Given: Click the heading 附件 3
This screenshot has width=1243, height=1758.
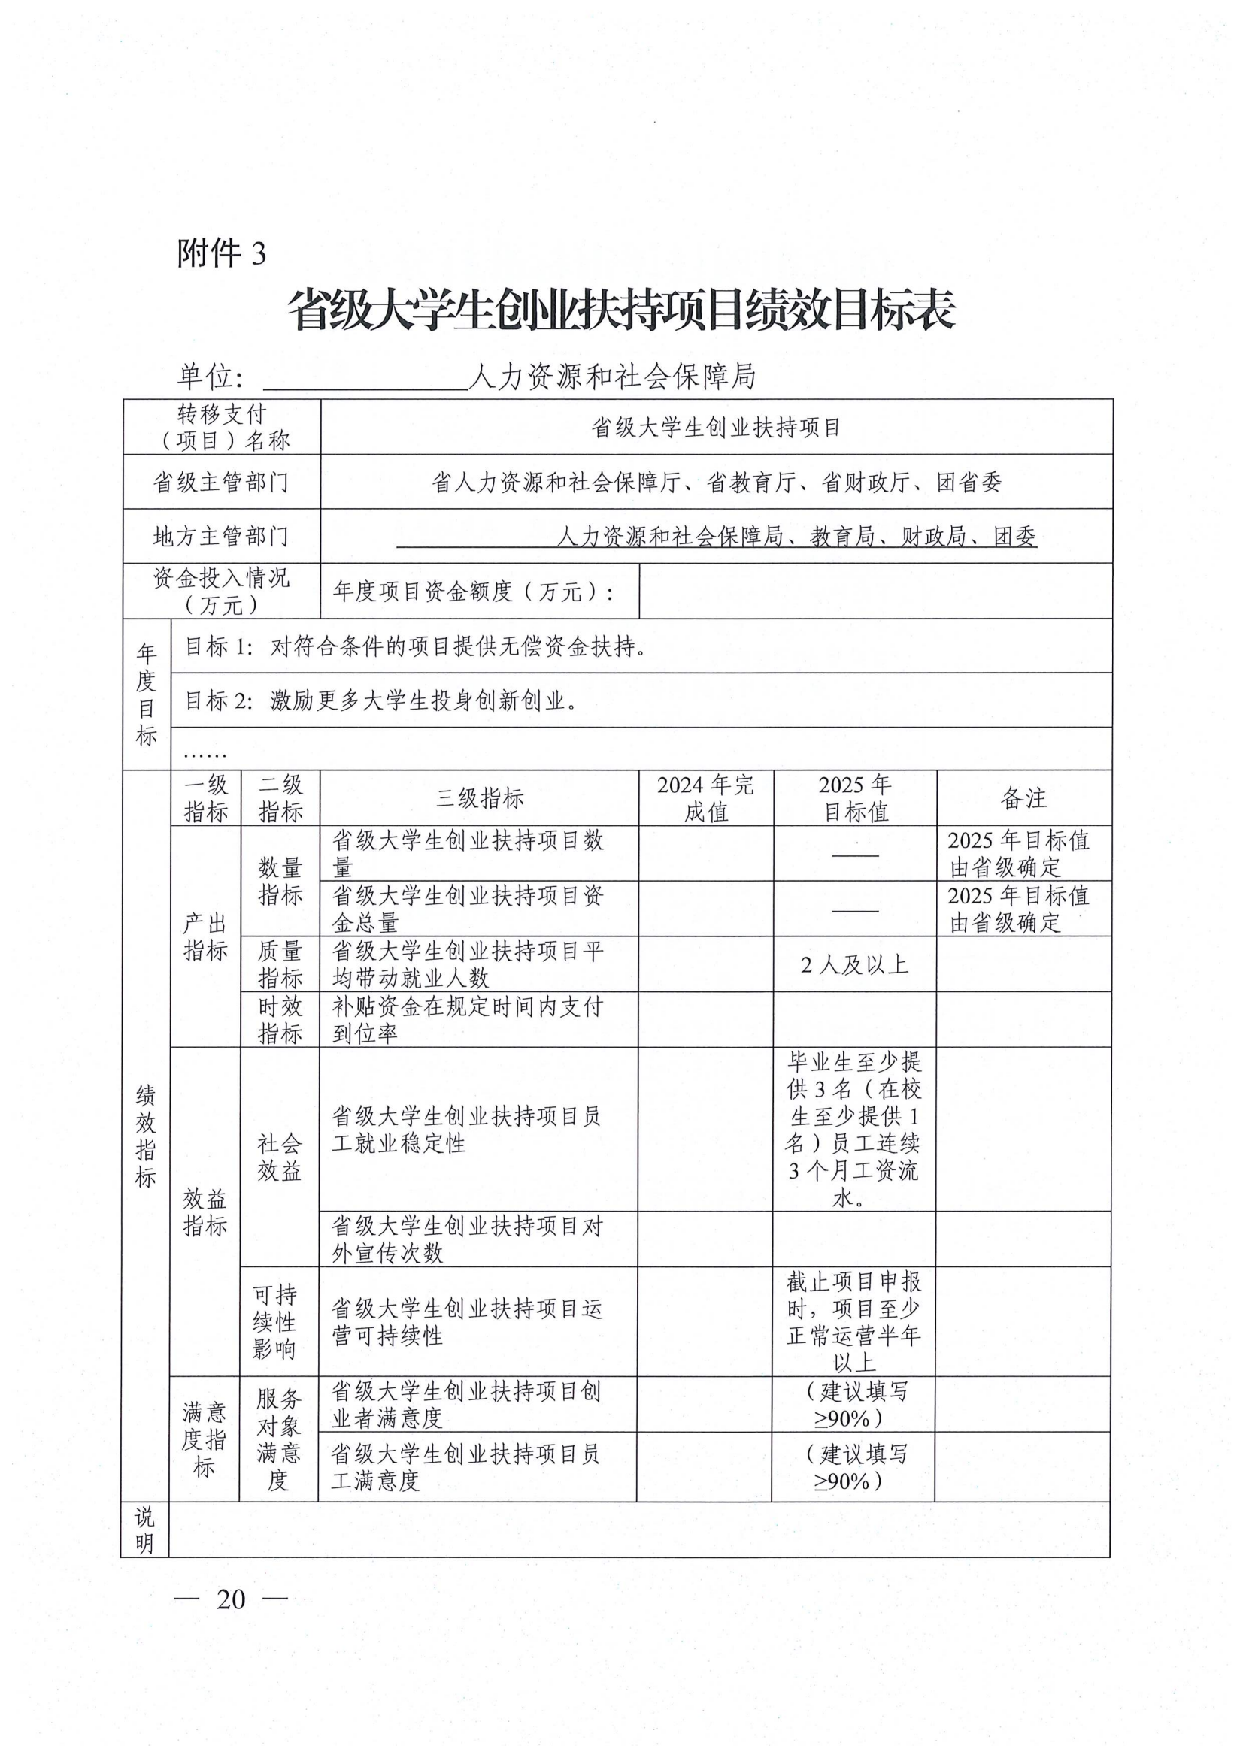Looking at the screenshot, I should tap(221, 253).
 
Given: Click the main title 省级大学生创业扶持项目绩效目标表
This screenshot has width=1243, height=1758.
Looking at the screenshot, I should tap(621, 310).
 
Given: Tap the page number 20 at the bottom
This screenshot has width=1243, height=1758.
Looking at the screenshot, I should tap(231, 1599).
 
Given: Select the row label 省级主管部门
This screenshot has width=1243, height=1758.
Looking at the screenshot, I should tap(221, 482).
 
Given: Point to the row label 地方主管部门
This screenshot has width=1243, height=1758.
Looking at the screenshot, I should tap(221, 536).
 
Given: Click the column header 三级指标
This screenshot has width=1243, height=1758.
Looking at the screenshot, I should tap(480, 798).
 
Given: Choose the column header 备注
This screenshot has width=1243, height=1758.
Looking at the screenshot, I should tap(1023, 798).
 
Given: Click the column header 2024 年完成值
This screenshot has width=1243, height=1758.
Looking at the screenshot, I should tap(705, 798).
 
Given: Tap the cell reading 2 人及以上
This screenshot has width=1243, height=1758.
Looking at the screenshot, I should tap(854, 964).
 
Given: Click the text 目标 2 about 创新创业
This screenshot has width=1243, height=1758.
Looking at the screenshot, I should tap(380, 700).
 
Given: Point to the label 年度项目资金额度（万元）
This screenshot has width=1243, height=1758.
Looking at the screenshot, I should tap(472, 591).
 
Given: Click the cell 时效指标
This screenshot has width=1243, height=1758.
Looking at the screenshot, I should tap(280, 1019).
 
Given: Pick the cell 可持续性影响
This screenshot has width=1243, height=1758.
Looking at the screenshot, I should tap(275, 1321).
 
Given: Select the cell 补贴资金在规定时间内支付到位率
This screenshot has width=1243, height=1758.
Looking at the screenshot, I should tap(467, 1019).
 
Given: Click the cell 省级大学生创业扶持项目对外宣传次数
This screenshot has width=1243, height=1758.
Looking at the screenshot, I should tap(467, 1239).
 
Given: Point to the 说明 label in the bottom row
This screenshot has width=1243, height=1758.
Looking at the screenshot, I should tap(144, 1529).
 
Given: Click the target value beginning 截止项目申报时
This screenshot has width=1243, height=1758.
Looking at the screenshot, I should tap(853, 1321).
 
